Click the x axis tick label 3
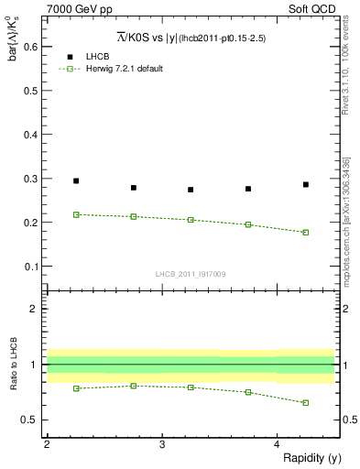tap(162, 444)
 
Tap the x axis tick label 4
tap(278, 444)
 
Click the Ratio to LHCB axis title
tap(12, 364)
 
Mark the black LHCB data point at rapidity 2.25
tap(76, 181)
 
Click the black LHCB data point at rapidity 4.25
tap(306, 184)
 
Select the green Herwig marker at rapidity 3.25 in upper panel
tap(191, 220)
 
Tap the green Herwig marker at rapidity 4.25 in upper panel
tap(306, 232)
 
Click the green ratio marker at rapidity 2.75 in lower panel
tap(134, 386)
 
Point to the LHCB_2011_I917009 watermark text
tap(190, 274)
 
